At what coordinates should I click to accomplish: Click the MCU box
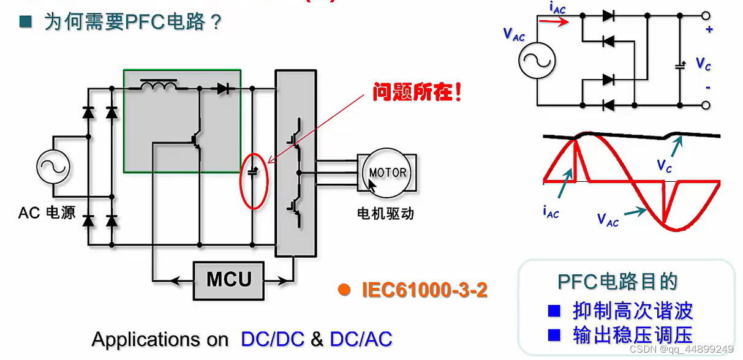coord(229,280)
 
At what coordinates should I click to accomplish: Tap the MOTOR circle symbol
coord(387,173)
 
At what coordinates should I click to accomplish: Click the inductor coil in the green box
coord(158,86)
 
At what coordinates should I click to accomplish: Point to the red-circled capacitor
coord(253,174)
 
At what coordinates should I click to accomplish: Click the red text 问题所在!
coord(416,94)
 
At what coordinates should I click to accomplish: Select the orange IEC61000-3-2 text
coord(424,290)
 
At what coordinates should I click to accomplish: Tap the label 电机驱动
coord(386,214)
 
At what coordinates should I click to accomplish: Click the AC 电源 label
coord(47,213)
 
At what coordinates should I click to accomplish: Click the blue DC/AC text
coord(361,339)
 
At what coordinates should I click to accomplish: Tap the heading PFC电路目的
coord(617,281)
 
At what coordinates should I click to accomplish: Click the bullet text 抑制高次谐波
coord(632,310)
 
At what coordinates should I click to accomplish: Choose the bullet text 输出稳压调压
coord(632,335)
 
